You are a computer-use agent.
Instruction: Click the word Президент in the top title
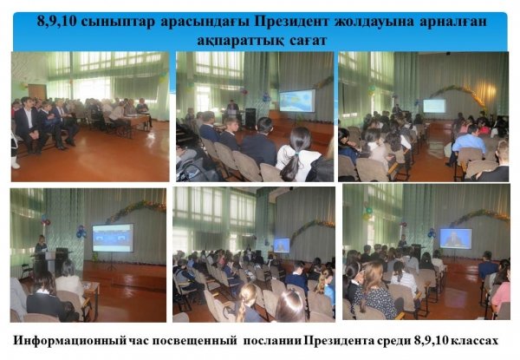pyautogui.click(x=292, y=21)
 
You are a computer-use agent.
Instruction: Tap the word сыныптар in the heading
pyautogui.click(x=118, y=22)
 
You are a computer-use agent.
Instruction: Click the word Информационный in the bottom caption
pyautogui.click(x=69, y=341)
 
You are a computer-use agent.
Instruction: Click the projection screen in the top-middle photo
pyautogui.click(x=297, y=101)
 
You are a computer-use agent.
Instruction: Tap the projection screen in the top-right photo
pyautogui.click(x=434, y=106)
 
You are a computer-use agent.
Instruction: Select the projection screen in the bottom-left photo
pyautogui.click(x=113, y=238)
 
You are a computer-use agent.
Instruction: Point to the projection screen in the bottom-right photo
pyautogui.click(x=456, y=239)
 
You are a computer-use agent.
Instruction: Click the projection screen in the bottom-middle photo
pyautogui.click(x=282, y=245)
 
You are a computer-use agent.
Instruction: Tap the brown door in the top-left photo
pyautogui.click(x=36, y=92)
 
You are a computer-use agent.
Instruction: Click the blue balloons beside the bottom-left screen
pyautogui.click(x=81, y=232)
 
